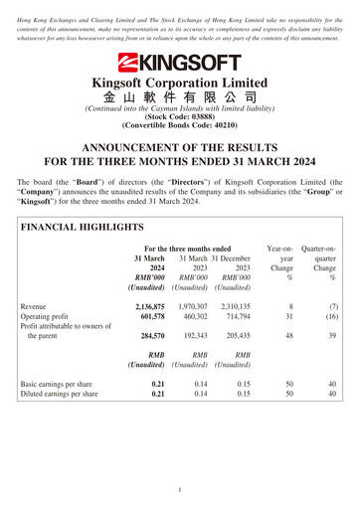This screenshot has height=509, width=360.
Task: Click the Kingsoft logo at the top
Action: [180, 63]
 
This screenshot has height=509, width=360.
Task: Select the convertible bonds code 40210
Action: [180, 126]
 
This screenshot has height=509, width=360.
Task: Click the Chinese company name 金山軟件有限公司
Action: [180, 97]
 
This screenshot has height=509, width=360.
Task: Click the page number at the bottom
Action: [180, 490]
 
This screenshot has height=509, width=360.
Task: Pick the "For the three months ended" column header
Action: [188, 250]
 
